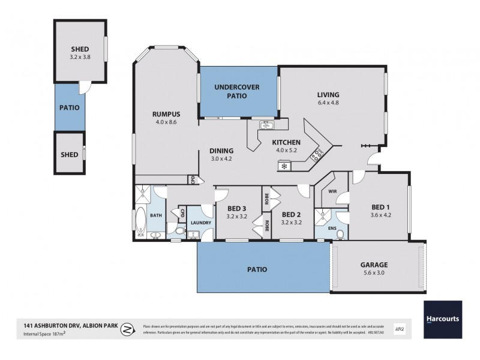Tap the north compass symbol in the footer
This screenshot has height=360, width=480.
click(127, 329)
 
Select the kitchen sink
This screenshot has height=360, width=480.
click(266, 125)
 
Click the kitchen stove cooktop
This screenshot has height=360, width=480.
click(316, 155)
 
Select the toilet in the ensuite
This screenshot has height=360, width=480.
click(340, 234)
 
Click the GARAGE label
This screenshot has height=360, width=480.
click(374, 264)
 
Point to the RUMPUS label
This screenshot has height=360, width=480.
click(166, 115)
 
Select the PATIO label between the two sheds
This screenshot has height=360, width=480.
click(69, 109)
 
